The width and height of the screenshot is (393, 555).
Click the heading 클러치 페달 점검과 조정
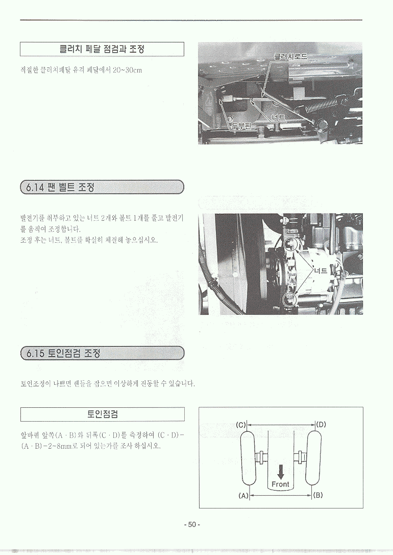tap(102, 49)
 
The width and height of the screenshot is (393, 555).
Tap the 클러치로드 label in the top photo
tap(290, 57)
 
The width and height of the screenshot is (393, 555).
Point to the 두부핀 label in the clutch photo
tap(242, 126)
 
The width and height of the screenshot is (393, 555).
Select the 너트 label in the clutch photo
tap(279, 118)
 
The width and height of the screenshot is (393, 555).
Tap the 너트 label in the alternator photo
tap(321, 271)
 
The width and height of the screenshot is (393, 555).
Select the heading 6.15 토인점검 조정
tap(63, 353)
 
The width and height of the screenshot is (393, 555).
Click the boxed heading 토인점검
tap(103, 414)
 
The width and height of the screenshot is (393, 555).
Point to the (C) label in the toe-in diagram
tap(241, 425)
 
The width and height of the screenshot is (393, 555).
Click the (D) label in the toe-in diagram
tap(321, 424)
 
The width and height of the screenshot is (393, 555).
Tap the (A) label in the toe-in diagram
tap(244, 496)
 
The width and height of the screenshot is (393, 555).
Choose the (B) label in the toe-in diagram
tap(318, 495)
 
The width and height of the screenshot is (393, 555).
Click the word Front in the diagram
tap(280, 484)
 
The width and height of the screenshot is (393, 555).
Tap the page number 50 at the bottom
tap(192, 524)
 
